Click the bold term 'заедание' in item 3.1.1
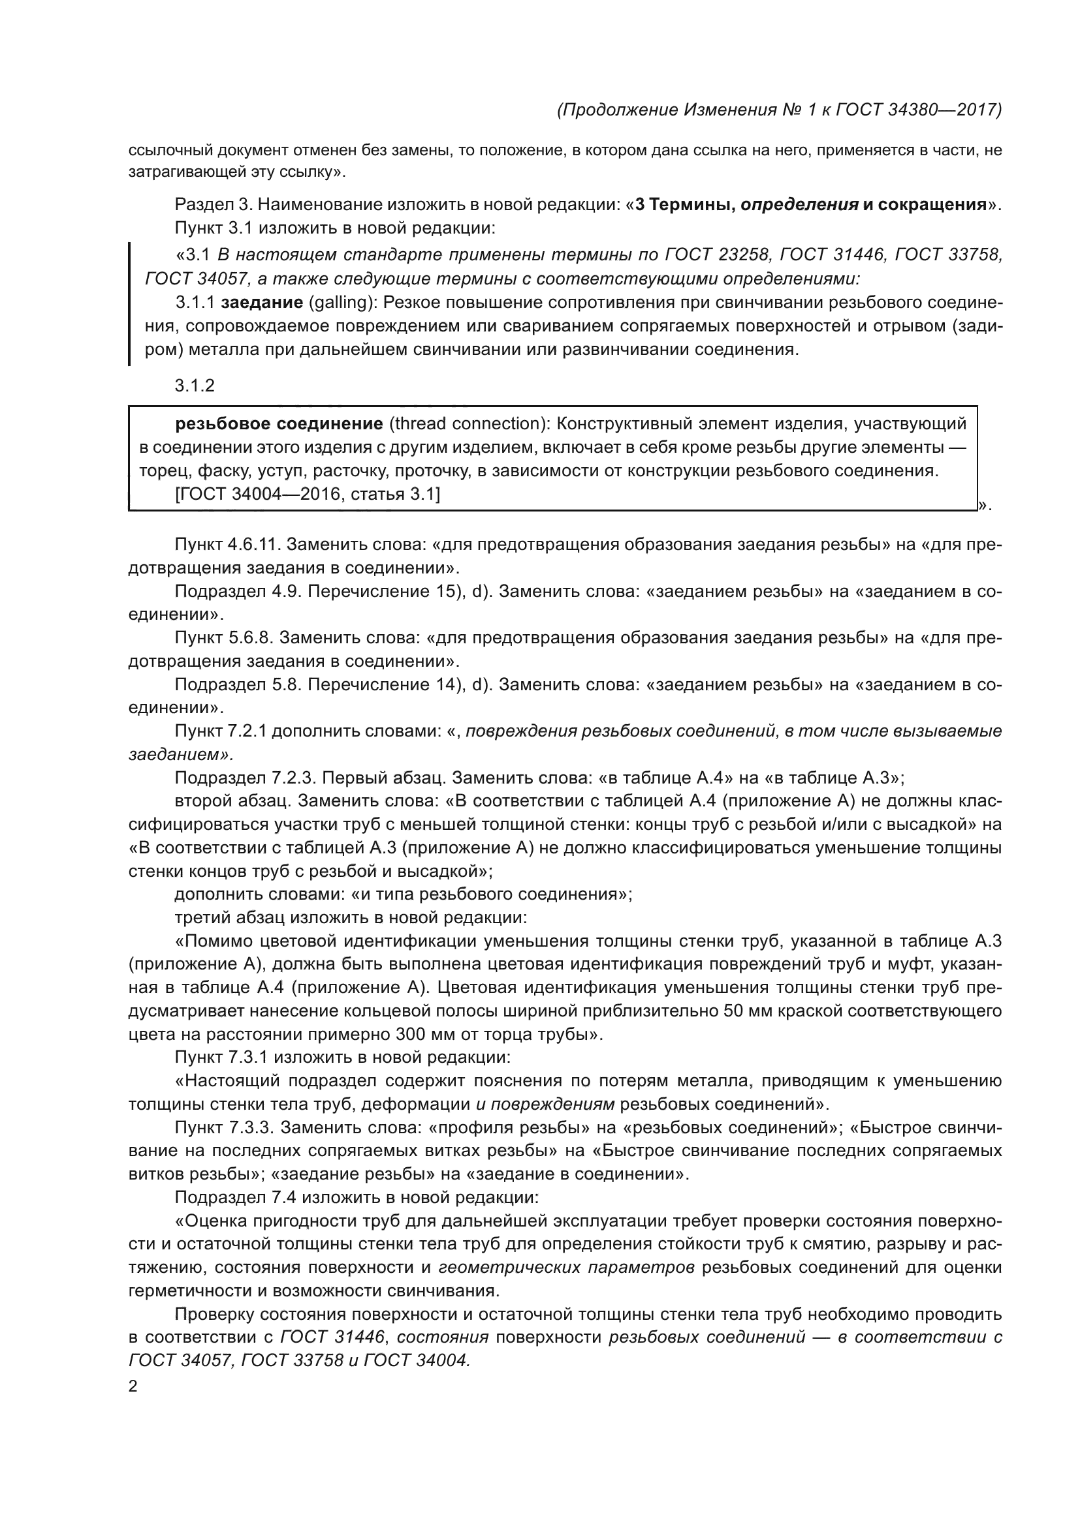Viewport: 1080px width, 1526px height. pyautogui.click(x=262, y=303)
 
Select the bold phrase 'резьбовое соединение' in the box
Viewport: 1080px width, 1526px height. pyautogui.click(x=279, y=423)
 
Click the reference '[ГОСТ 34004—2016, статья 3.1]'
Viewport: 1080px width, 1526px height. pyautogui.click(x=308, y=494)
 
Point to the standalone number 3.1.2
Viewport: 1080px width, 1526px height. pyautogui.click(x=194, y=386)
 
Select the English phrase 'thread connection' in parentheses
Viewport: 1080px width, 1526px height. pyautogui.click(x=468, y=423)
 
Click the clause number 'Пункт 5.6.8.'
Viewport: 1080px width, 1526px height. pyautogui.click(x=223, y=637)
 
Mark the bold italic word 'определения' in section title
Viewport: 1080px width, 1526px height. pyautogui.click(x=799, y=205)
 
